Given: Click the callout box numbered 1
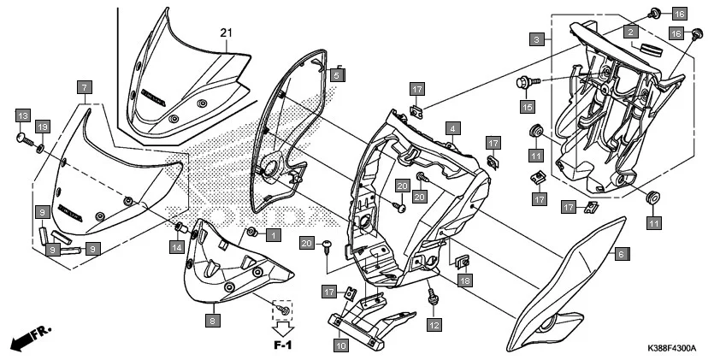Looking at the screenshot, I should (x=273, y=234).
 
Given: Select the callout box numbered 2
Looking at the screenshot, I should (x=630, y=32).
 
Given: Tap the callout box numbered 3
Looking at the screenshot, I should (x=535, y=39).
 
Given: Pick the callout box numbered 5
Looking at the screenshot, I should (x=337, y=75).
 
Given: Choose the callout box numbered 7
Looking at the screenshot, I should (x=84, y=87).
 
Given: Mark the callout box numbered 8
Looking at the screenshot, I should (x=212, y=321).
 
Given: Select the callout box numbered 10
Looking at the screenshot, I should (x=340, y=345).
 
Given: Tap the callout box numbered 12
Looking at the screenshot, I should (x=434, y=325).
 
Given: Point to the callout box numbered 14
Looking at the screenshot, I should (x=175, y=247).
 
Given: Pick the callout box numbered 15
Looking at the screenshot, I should (x=528, y=107).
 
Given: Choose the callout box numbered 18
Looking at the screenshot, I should (x=464, y=280).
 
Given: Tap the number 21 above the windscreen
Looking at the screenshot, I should (x=226, y=32).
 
